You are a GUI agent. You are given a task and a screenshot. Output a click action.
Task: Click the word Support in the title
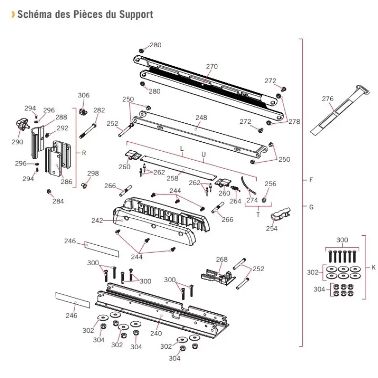136,14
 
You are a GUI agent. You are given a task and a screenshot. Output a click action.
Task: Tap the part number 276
327,99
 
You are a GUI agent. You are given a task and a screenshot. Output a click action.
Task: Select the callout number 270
212,66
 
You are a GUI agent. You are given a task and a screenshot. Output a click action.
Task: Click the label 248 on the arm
201,118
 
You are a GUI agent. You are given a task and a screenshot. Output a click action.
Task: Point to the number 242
97,221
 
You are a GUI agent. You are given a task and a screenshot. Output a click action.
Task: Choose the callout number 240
156,334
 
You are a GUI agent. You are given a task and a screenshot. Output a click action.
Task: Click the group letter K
373,267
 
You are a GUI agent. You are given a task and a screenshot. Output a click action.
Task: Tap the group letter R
84,153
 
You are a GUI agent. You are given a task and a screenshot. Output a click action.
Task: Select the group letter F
311,180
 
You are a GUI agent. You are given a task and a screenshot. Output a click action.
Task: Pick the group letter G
311,207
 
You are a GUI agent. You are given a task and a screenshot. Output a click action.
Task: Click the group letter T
258,215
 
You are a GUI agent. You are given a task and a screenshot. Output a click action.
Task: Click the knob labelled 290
21,124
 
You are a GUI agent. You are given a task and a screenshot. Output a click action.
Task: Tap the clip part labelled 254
280,214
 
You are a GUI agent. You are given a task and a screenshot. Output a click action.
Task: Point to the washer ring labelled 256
264,199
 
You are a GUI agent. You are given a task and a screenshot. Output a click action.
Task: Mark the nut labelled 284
49,191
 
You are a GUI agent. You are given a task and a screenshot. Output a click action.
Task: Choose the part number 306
84,95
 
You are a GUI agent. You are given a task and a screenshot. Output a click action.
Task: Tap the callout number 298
93,173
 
